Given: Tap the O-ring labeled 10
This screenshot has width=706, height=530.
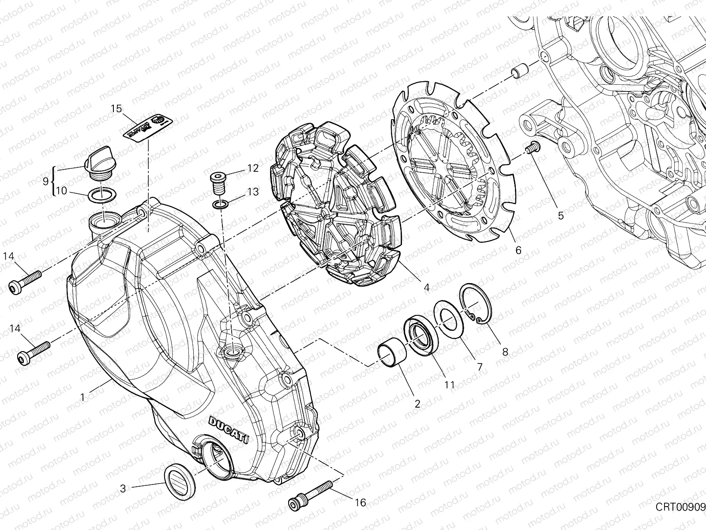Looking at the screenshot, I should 102,193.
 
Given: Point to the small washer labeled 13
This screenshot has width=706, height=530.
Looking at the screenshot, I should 221,204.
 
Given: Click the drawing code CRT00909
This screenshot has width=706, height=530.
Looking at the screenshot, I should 680,506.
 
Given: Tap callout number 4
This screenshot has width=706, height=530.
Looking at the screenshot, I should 426,287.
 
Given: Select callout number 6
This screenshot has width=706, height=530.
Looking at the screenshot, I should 518,250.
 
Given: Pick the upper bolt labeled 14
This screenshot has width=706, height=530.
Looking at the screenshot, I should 25,281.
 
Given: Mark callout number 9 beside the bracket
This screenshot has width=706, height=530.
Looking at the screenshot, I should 46,181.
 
